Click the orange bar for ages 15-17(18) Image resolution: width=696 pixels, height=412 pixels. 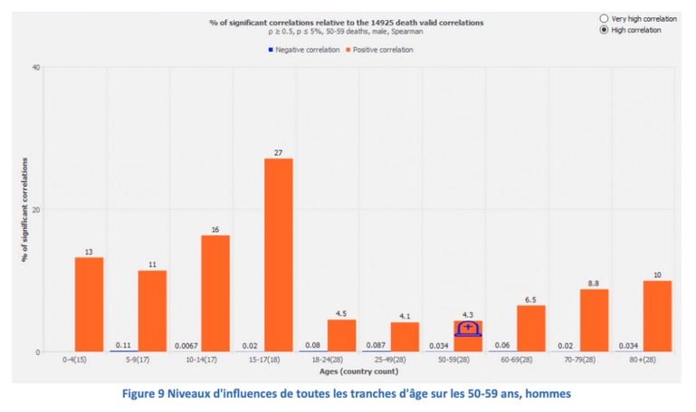[278, 254]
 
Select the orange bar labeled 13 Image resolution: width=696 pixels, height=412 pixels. [89, 304]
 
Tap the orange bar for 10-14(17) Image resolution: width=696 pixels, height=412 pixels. [215, 293]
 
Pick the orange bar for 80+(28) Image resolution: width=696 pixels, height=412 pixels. [657, 316]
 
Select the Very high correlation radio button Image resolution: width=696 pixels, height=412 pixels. [604, 18]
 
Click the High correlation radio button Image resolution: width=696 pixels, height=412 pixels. [604, 30]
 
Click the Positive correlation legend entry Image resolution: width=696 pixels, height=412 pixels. [381, 50]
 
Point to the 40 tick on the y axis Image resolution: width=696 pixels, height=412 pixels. [36, 67]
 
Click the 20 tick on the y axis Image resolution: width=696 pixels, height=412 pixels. [36, 209]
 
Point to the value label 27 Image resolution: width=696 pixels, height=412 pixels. [278, 152]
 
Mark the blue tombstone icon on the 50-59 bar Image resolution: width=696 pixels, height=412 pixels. [468, 328]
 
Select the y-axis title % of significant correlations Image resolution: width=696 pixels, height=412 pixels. [25, 209]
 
